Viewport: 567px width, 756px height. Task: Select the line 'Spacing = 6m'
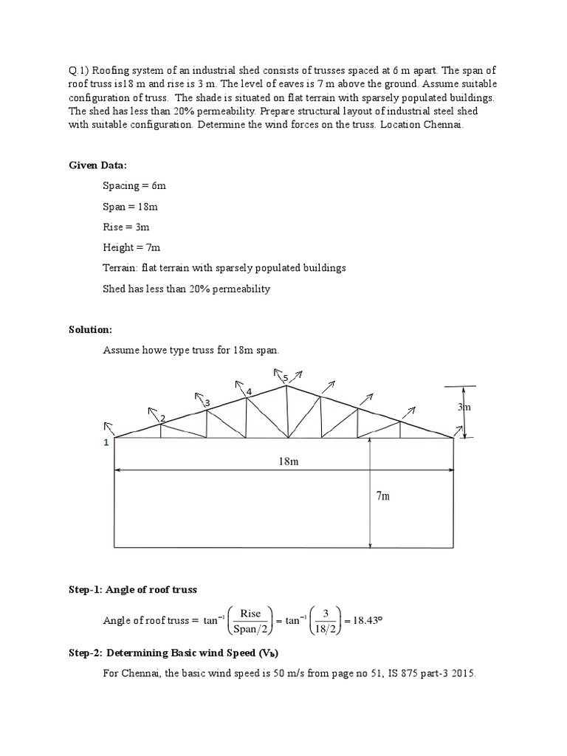[134, 185]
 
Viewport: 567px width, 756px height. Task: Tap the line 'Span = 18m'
[129, 206]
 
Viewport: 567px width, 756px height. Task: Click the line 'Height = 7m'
[131, 247]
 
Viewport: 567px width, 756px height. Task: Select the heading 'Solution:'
[90, 329]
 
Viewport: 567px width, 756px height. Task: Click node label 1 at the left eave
[106, 442]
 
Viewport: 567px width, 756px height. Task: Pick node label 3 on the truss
[207, 402]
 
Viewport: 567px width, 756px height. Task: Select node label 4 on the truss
[249, 391]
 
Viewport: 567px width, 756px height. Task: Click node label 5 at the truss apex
[285, 378]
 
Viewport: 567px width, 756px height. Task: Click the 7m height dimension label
[382, 496]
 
